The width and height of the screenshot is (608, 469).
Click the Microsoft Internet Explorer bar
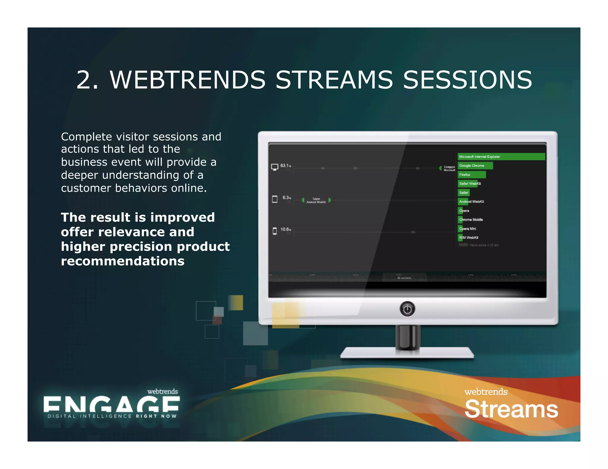[x=501, y=157]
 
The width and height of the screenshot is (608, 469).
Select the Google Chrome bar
[x=475, y=165]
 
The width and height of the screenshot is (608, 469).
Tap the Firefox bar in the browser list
[x=471, y=175]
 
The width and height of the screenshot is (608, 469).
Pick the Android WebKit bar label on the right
[x=471, y=202]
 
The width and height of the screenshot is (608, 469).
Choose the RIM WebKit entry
[x=468, y=237]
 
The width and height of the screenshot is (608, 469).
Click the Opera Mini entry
[x=467, y=229]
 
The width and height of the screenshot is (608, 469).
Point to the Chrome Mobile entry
[x=471, y=220]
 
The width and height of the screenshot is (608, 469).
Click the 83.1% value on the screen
[x=285, y=166]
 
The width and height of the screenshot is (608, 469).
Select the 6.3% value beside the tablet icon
[x=286, y=198]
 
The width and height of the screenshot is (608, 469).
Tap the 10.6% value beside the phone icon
[x=286, y=229]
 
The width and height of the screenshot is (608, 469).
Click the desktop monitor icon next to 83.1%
[x=275, y=167]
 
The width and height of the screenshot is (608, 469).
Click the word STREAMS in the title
[x=334, y=80]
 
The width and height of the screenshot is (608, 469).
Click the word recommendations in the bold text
[x=123, y=261]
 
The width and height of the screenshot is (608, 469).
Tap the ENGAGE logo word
[x=111, y=405]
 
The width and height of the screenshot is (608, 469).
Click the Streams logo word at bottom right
[x=511, y=409]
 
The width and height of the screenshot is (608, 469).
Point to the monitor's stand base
[x=407, y=353]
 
